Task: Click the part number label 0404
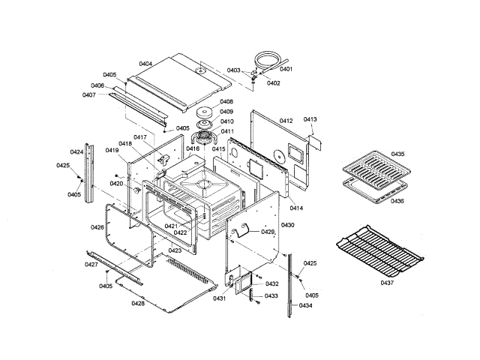coord(145,64)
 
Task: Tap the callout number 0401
coord(286,69)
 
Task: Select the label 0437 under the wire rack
coord(386,283)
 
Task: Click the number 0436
coord(397,201)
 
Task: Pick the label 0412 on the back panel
coord(286,120)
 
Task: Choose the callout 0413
coord(310,119)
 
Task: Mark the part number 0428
coord(138,303)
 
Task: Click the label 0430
coord(287,225)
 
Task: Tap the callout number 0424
coord(76,151)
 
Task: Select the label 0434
coord(305,305)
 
